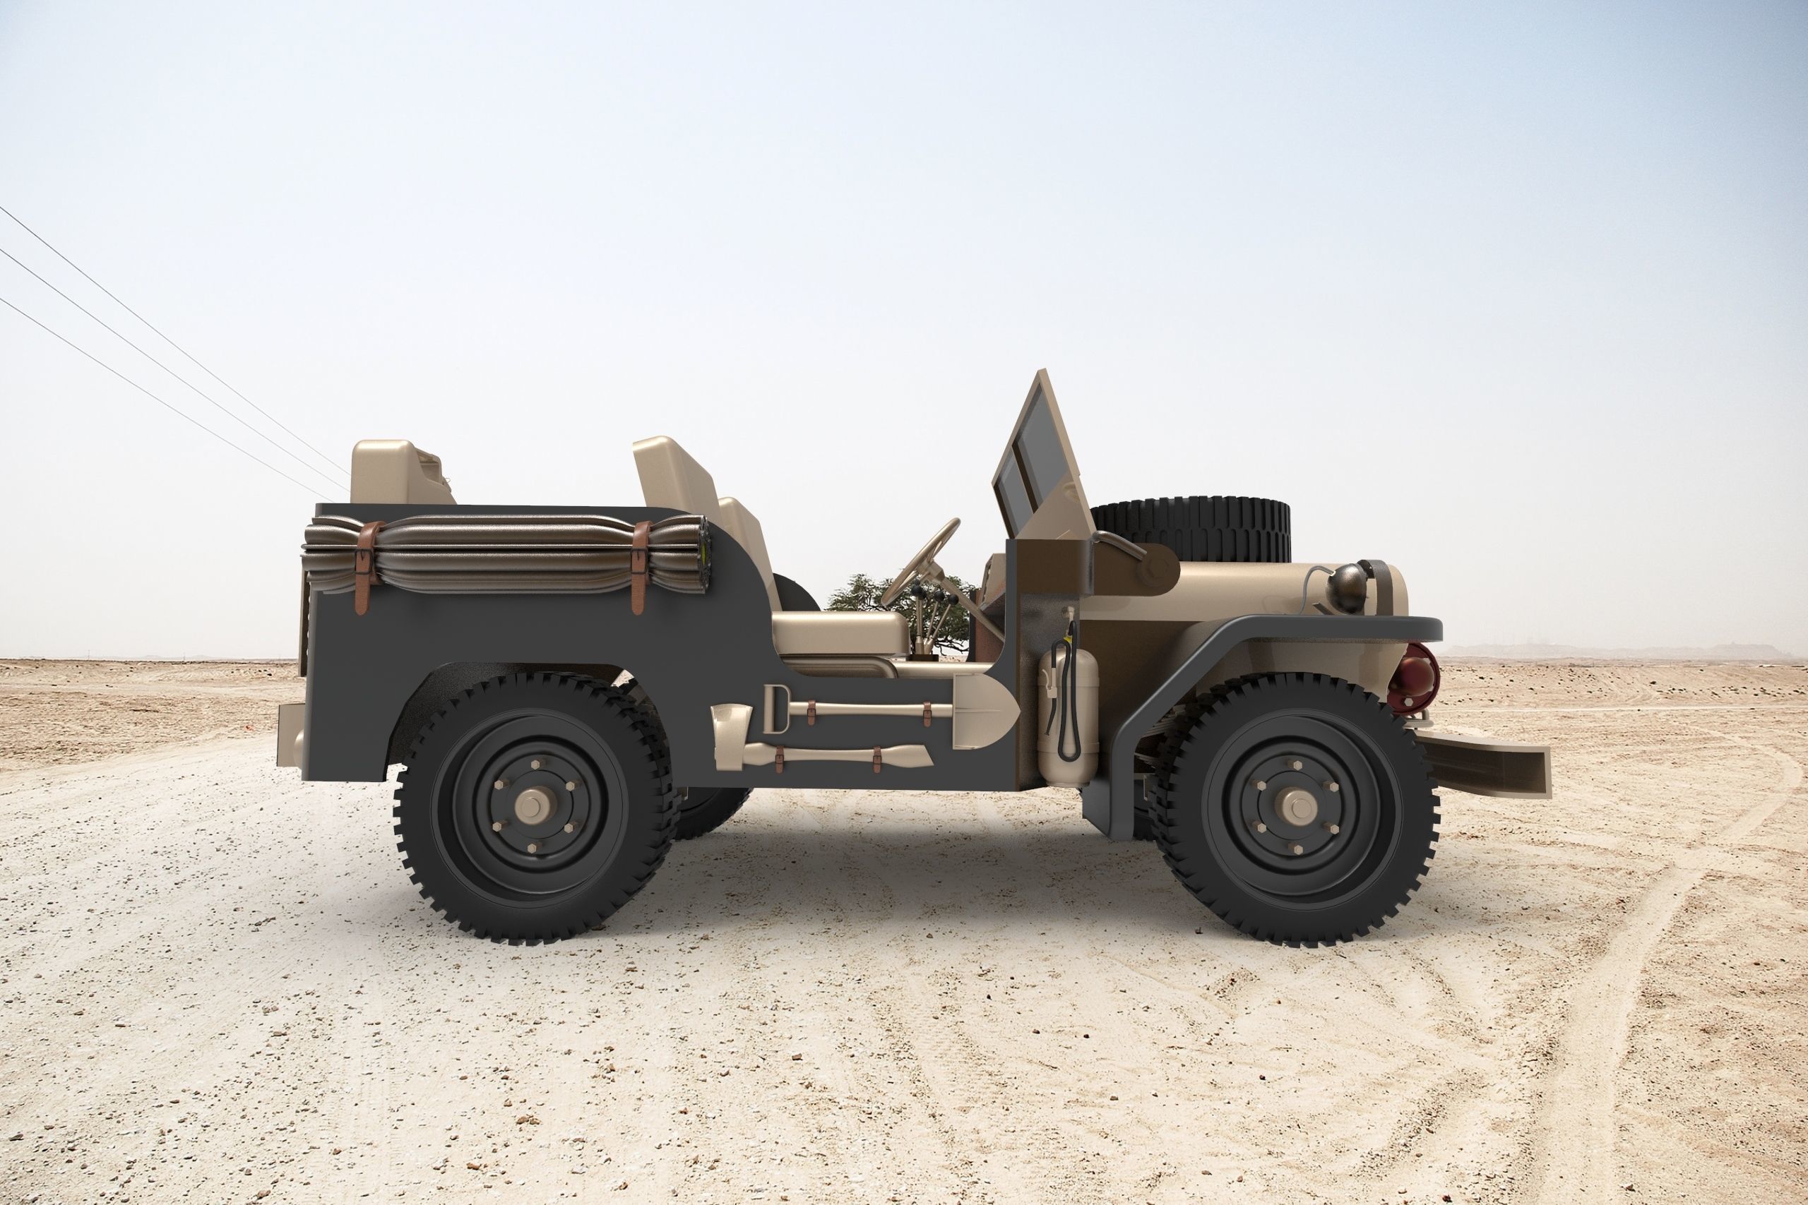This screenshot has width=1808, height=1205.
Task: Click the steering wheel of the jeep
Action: point(920,560)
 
